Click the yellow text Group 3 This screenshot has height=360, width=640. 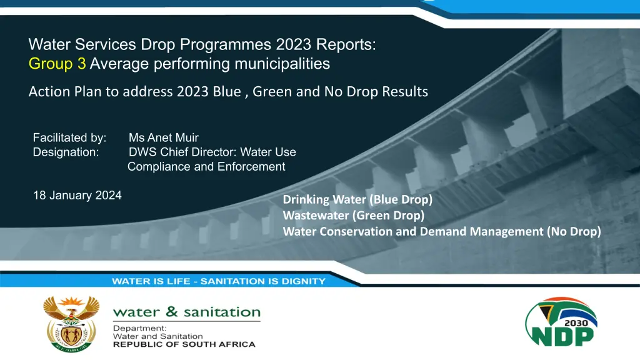57,64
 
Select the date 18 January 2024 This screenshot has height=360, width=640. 77,196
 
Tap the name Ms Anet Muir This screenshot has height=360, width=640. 164,137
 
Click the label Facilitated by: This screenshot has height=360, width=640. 69,137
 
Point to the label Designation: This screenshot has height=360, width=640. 66,152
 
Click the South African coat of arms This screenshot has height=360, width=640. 71,324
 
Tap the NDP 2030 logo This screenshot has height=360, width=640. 561,322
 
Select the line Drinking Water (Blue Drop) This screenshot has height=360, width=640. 357,199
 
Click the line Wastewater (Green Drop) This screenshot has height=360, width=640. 354,216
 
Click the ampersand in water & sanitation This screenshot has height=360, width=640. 172,311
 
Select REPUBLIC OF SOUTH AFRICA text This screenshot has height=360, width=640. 184,344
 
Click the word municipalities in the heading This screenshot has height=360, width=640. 282,64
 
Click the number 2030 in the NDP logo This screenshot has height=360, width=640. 576,323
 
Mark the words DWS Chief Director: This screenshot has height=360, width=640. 183,152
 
